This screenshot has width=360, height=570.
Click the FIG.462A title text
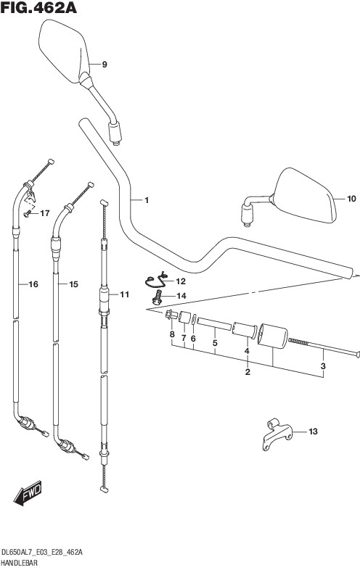38,7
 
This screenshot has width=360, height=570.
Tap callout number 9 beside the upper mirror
105,65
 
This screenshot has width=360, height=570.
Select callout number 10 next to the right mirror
351,199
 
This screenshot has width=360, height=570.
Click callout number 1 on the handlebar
147,200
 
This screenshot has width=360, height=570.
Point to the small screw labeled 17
26,214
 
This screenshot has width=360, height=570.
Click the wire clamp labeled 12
156,281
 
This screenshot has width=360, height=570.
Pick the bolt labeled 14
157,297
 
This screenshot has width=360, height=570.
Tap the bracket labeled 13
277,434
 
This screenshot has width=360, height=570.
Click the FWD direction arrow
28,493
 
